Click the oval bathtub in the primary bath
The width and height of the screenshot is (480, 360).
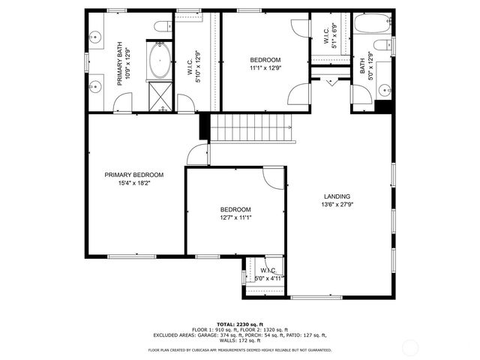[x=160, y=61]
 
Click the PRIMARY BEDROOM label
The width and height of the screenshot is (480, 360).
[x=133, y=175]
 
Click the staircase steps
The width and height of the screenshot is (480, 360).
[x=248, y=127]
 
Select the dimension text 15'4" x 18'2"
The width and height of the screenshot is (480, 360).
[x=133, y=183]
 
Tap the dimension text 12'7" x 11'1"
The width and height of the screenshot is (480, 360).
[x=235, y=217]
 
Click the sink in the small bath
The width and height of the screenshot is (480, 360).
[x=385, y=89]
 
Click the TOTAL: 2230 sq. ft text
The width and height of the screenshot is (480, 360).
[x=240, y=323]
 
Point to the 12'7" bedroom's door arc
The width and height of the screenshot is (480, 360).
[x=274, y=178]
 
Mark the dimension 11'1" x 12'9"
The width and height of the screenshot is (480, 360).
[x=265, y=67]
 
